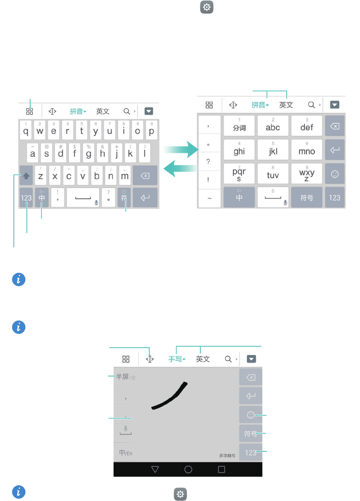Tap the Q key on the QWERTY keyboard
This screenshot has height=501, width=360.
(26, 129)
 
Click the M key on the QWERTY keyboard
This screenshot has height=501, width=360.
(124, 175)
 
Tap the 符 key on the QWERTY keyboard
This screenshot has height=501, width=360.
(124, 198)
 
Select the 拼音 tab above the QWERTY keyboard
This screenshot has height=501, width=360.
(78, 112)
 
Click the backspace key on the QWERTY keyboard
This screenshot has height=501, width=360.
(145, 175)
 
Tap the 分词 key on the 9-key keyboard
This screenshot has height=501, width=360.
(240, 126)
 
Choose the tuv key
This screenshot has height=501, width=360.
(273, 174)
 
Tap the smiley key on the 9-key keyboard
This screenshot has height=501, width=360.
(335, 174)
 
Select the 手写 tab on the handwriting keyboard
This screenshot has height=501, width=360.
(177, 359)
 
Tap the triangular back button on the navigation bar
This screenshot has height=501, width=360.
(155, 469)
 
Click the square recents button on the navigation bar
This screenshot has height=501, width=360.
(222, 469)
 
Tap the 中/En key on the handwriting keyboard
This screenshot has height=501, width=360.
(125, 453)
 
